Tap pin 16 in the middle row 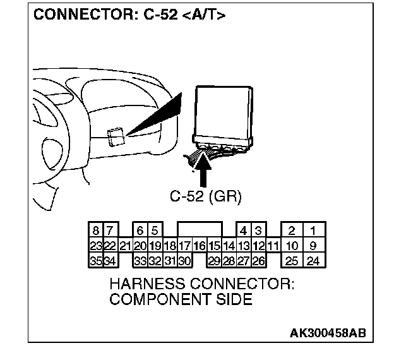pos(200,245)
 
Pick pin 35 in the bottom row pos(95,260)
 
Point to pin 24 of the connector pos(312,260)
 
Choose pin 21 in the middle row pos(124,245)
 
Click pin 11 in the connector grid pos(273,245)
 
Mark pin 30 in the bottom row pos(184,260)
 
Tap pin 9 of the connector pos(312,245)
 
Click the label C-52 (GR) pos(205,196)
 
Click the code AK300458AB pos(328,333)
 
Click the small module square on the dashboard pos(115,136)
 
